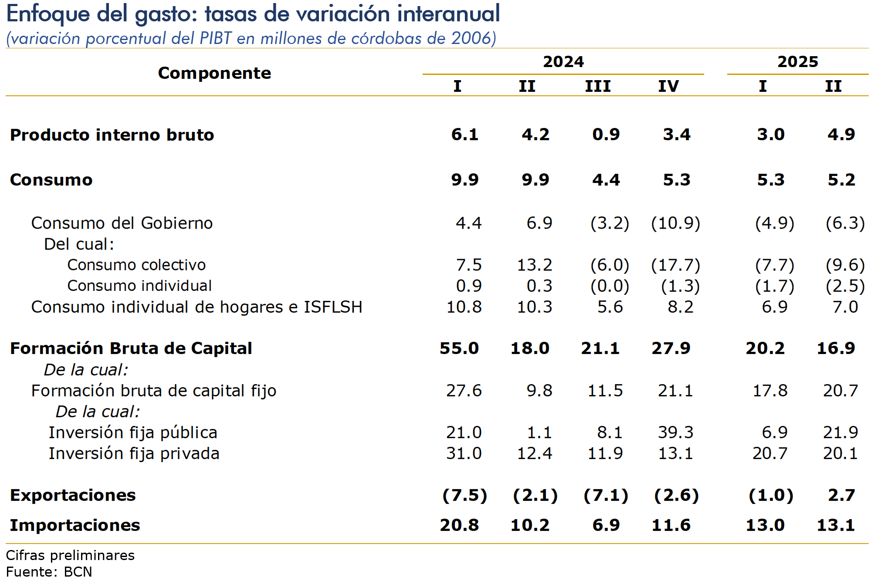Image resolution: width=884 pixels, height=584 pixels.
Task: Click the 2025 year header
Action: (x=798, y=62)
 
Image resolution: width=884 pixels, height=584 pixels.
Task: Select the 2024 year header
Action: (x=563, y=62)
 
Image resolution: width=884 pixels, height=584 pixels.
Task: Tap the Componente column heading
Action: (x=214, y=73)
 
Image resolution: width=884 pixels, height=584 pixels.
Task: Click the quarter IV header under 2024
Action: (x=668, y=86)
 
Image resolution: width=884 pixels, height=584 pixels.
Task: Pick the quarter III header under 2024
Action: (x=598, y=86)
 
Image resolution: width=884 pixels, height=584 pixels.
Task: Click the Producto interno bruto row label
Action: (x=112, y=135)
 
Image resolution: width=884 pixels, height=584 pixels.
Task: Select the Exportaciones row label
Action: (x=73, y=495)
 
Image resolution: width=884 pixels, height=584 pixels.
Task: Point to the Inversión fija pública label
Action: (x=133, y=432)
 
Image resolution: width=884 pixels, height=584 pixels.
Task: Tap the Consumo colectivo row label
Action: (x=136, y=265)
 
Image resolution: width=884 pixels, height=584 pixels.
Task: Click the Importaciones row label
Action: (x=75, y=525)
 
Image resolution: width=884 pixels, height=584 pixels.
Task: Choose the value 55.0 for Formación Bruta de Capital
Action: (x=459, y=348)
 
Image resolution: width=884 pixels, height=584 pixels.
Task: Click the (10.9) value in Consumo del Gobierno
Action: (x=675, y=223)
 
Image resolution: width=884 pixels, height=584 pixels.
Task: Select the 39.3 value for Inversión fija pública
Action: (x=675, y=432)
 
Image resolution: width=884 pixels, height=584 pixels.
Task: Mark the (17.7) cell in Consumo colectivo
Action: (x=675, y=265)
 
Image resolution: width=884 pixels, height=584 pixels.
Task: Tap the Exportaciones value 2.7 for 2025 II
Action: (x=841, y=495)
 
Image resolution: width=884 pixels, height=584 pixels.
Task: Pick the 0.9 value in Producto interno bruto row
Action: (x=606, y=135)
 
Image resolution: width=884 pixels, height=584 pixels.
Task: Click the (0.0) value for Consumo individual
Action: (x=610, y=286)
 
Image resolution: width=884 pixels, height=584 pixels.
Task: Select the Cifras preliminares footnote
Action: (x=70, y=555)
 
